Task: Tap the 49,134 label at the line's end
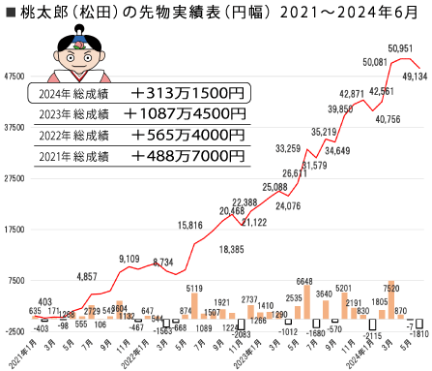(416, 75)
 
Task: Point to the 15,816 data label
(190, 225)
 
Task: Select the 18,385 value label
(232, 249)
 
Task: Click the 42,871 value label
(352, 94)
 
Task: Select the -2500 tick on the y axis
(14, 332)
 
